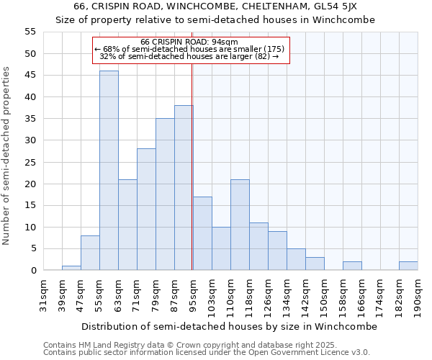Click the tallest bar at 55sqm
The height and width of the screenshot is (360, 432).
click(109, 171)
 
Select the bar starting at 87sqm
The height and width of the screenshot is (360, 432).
click(184, 188)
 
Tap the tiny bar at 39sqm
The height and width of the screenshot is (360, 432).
click(71, 268)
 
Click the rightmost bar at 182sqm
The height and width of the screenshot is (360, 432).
click(408, 266)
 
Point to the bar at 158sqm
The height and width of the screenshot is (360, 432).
click(352, 266)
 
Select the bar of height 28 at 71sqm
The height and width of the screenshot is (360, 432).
click(146, 210)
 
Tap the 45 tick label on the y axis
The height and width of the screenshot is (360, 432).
click(30, 76)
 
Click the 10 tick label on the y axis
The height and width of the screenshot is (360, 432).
click(30, 228)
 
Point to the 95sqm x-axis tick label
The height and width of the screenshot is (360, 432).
click(193, 295)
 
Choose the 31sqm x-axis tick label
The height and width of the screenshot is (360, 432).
click(43, 295)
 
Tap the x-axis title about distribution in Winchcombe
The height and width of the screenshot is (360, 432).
click(229, 326)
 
